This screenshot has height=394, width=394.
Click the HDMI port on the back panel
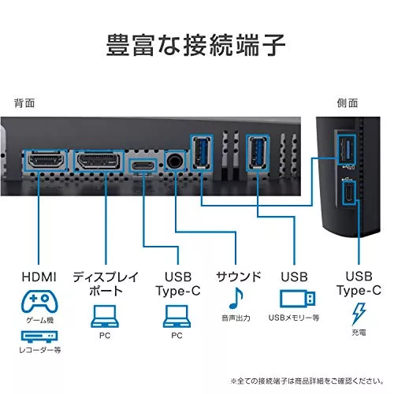pos(46,161)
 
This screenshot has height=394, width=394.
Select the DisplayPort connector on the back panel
pos(98,161)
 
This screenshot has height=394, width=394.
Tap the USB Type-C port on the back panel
pos(143,165)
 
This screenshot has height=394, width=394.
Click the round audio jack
pos(175,161)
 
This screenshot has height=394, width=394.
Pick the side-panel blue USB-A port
pos(346,150)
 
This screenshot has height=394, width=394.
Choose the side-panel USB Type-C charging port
pos(349,192)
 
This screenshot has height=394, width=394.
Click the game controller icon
pos(39,301)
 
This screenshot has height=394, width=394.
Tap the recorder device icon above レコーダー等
pos(39,336)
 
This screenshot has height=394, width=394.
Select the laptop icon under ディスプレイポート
pos(105,316)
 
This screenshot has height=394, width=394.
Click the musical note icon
pos(236,298)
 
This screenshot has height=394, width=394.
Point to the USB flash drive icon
pos(297,299)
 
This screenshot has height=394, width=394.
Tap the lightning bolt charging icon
pos(359,314)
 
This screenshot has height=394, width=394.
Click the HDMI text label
pos(39,277)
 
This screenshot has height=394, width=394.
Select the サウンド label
pos(238,277)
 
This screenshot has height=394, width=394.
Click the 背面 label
pos(24,103)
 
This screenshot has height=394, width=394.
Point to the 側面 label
pos(348,103)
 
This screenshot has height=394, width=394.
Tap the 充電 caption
pos(359,333)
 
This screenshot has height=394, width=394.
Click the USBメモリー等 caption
pos(294,318)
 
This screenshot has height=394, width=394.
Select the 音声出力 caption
pos(236,318)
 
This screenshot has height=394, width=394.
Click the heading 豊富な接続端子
pos(195,45)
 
